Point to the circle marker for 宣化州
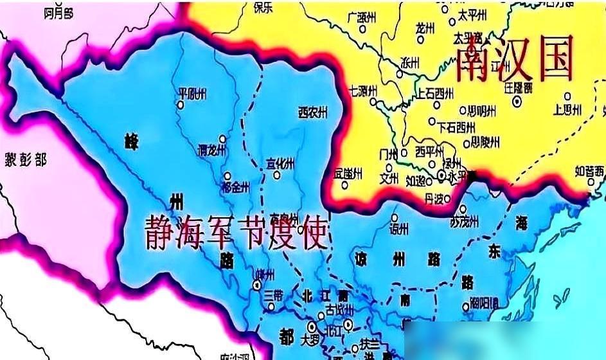[277, 174]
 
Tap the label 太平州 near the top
[472, 13]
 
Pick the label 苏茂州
[464, 222]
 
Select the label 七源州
[363, 90]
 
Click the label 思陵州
[485, 141]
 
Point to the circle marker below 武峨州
[345, 186]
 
